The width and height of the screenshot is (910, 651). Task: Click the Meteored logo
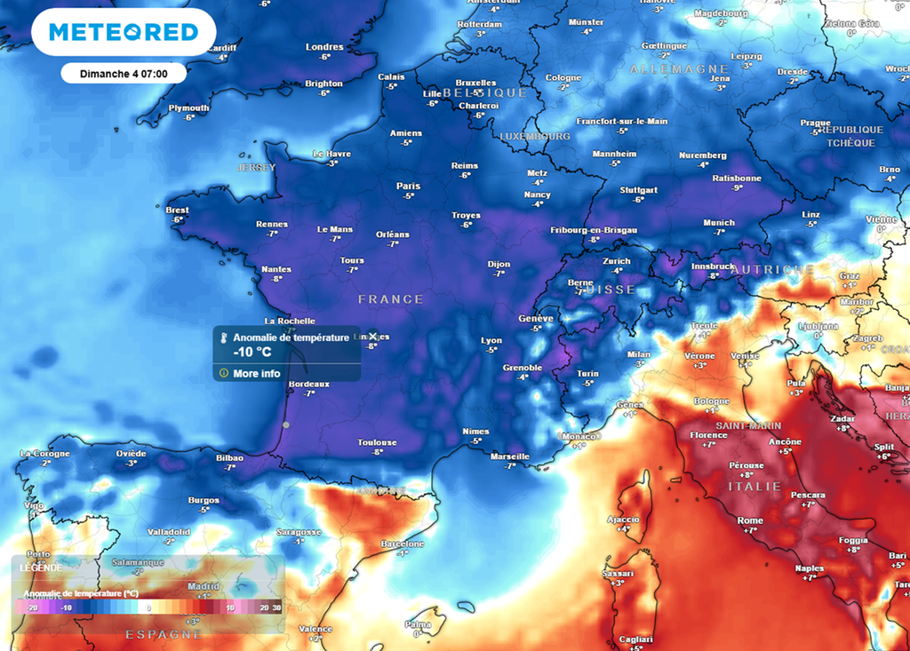pos(124,32)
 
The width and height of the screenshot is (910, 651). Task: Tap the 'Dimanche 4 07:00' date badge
pos(124,73)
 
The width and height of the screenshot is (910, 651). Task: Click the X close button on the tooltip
pos(373,337)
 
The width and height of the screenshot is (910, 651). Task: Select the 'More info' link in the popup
pos(257,374)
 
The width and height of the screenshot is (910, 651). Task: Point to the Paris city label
pos(408,186)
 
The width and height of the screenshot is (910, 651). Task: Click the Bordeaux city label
pos(309,384)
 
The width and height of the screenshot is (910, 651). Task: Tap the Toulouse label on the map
pos(378,442)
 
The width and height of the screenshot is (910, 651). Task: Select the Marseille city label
pos(509,456)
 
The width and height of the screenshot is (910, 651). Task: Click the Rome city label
pos(750,520)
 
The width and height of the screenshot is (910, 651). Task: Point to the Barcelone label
pos(402,544)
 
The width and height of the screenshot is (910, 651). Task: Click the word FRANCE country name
pos(391,299)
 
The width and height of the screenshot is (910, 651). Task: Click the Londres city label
pos(324,47)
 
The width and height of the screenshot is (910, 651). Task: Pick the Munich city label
pos(719,223)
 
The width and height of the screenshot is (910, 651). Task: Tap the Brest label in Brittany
pos(178,210)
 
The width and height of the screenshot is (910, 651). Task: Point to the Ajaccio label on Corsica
pos(623,519)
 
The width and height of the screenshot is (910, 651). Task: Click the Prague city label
pos(815,123)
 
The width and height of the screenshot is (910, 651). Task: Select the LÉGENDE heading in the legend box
pos(42,568)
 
